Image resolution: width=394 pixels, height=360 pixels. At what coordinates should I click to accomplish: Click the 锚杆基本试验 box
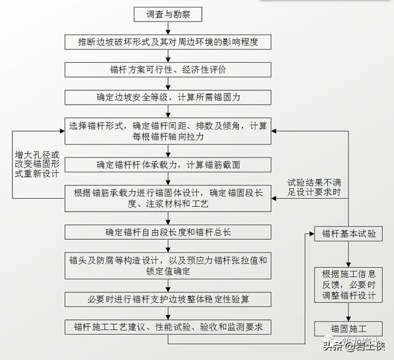[x=349, y=234]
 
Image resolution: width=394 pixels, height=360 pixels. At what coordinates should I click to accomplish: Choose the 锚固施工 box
[x=349, y=329]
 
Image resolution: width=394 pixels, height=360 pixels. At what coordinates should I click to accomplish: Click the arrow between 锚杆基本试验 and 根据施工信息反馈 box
[x=349, y=254]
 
